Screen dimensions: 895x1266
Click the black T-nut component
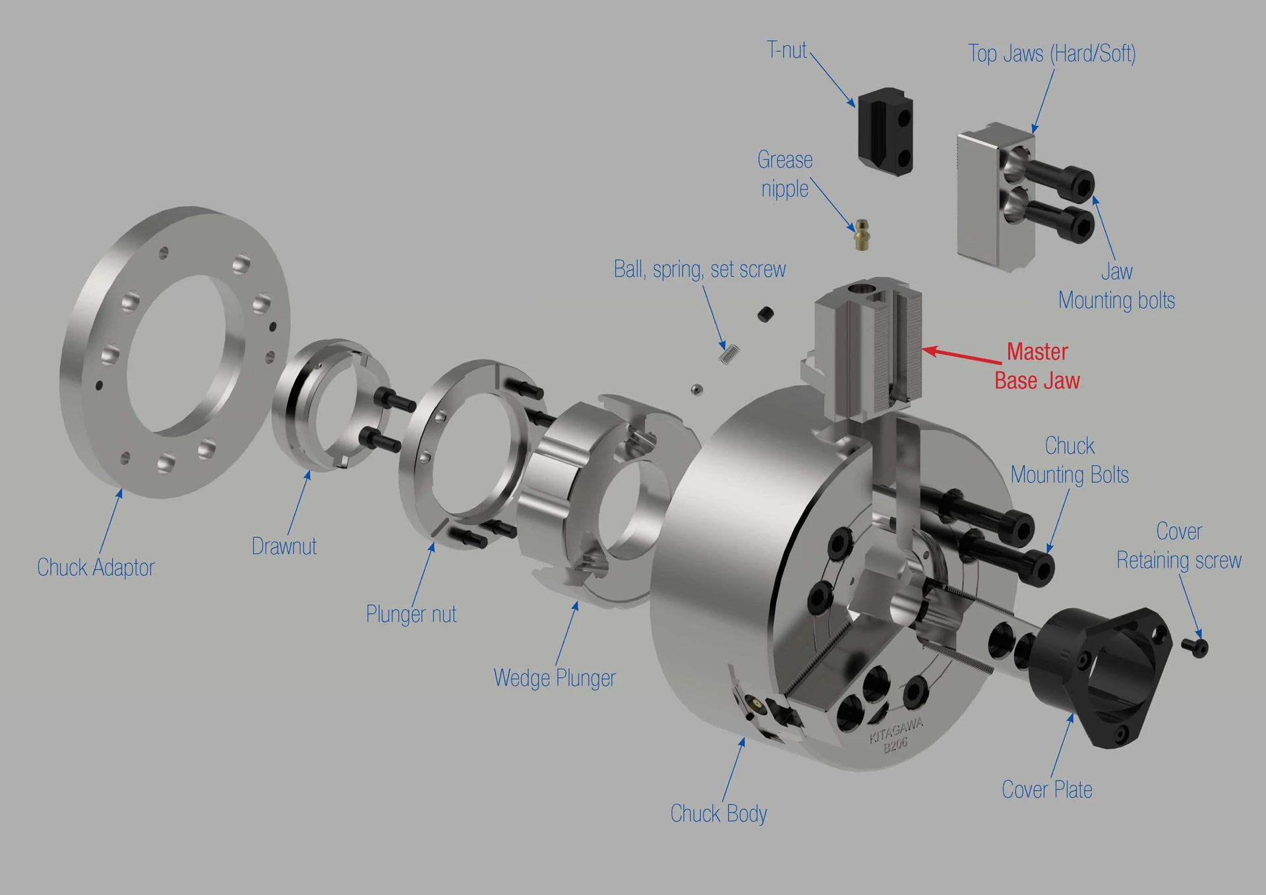pyautogui.click(x=886, y=133)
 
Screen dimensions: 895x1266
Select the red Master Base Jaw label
pyautogui.click(x=1037, y=366)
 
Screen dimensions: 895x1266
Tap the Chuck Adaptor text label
pyautogui.click(x=96, y=567)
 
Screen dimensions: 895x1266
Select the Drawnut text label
pyautogui.click(x=284, y=546)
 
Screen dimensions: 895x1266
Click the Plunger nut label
pyautogui.click(x=411, y=614)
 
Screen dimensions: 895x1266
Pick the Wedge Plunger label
pyautogui.click(x=554, y=678)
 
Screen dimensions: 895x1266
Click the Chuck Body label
pyautogui.click(x=718, y=813)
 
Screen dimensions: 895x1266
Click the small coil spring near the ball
pyautogui.click(x=728, y=354)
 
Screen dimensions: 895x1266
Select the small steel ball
pyautogui.click(x=696, y=390)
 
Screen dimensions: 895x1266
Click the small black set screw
pyautogui.click(x=765, y=314)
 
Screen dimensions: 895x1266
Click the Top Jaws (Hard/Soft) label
pyautogui.click(x=1052, y=53)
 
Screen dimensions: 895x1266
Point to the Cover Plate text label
pyautogui.click(x=1046, y=789)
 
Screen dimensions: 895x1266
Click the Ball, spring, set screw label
pyautogui.click(x=700, y=269)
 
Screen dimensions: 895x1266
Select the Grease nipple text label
pyautogui.click(x=785, y=174)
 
